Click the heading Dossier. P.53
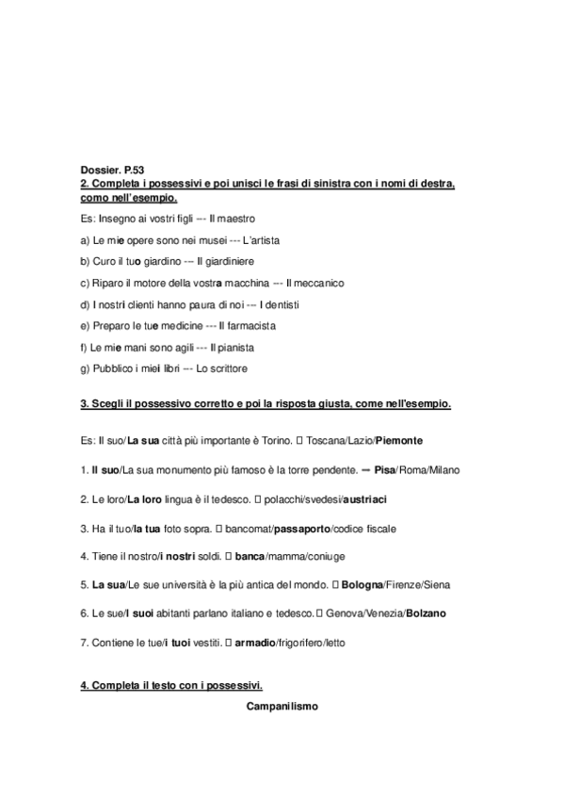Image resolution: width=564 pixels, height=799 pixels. point(112,169)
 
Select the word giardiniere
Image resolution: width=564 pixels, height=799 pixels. point(226,260)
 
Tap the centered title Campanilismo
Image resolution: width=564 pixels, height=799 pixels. point(282,706)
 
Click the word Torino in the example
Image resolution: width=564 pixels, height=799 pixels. point(272,440)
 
